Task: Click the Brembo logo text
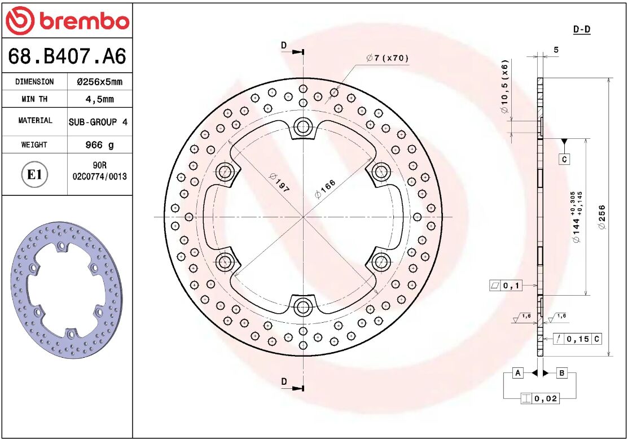pos(84,21)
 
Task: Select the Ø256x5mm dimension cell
pos(99,82)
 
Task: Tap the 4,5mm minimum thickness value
pos(99,99)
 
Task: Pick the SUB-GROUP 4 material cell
pos(98,122)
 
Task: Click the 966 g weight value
pos(99,145)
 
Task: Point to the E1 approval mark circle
pos(34,174)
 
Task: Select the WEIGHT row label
pos(34,145)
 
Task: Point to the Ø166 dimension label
pos(325,189)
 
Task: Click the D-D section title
pos(582,29)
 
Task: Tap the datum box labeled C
pos(564,160)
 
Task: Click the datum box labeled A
pos(517,373)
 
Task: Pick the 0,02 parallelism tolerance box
pos(540,398)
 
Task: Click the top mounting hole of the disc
pos(304,126)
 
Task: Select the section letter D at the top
pos(284,45)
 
